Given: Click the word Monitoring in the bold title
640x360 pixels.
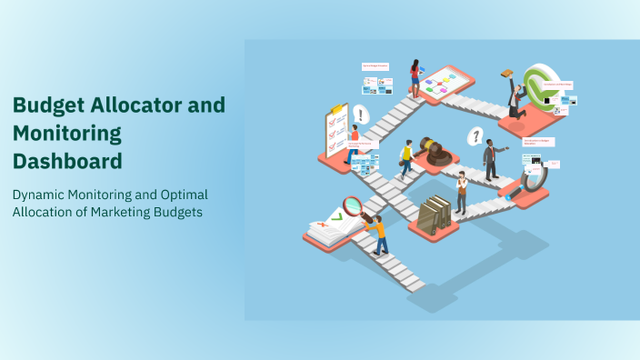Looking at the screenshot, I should point(67,134).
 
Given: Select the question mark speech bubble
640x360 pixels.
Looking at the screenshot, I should point(474,136).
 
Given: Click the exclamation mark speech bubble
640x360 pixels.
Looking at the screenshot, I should point(363,115).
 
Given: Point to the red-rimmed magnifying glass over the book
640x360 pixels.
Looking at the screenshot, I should point(353,206).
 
